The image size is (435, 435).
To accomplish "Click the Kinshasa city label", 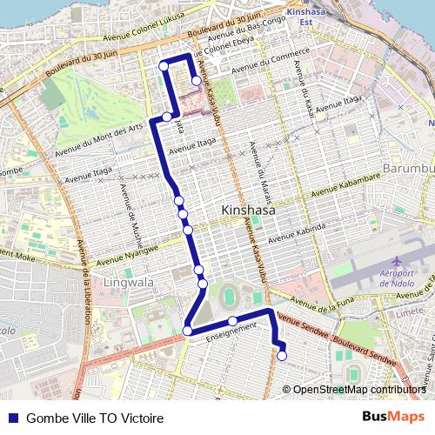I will pos(248,211).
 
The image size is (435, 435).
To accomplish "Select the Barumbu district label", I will pos(408,167).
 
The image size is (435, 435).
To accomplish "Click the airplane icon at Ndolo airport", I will pos(397,261).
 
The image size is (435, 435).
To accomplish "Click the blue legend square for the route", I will pos(12,418).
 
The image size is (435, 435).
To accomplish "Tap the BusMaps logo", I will pos(394,417).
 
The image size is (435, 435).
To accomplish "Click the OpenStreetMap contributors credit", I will pos(359,390).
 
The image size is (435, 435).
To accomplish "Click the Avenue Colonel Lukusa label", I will pos(125,30).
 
